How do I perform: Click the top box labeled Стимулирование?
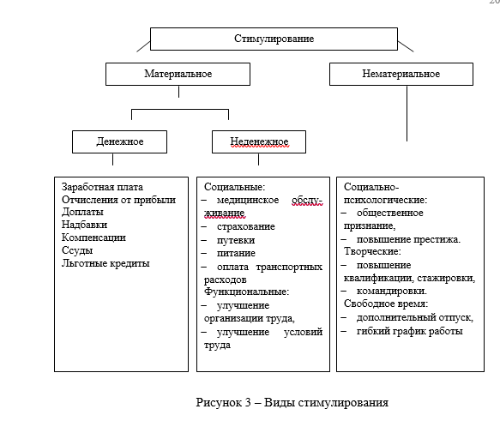click(274, 39)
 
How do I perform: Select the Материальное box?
click(178, 74)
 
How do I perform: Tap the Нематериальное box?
click(401, 74)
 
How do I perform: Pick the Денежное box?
click(119, 141)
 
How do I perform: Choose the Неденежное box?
click(259, 141)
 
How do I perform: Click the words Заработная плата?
click(102, 187)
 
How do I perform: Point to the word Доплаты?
click(82, 212)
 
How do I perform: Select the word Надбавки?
click(85, 225)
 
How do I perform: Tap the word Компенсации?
click(93, 238)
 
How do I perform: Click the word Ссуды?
click(77, 250)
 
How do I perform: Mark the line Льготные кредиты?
click(105, 263)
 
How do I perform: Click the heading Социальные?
click(235, 187)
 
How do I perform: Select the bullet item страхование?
click(246, 226)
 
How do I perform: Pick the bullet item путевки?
click(236, 240)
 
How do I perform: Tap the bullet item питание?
click(237, 253)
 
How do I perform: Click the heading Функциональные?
click(246, 292)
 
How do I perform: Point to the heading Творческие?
click(372, 251)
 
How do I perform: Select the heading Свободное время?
click(386, 304)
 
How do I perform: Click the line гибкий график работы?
click(410, 331)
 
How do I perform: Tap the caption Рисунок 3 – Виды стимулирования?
click(292, 403)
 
